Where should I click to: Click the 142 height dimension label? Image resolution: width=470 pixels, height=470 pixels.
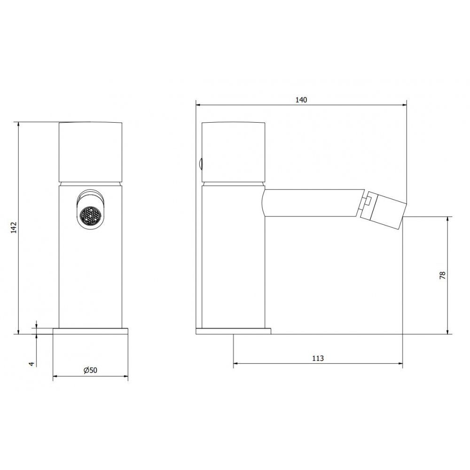tap(14, 227)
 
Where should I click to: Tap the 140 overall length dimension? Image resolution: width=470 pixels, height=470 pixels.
tap(301, 100)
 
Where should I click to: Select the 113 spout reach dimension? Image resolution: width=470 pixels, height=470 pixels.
tap(318, 358)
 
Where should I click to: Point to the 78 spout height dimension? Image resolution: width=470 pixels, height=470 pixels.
tap(442, 275)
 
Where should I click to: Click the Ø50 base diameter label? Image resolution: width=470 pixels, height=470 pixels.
tap(90, 370)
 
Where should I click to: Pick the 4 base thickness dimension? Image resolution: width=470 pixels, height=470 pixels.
tap(31, 364)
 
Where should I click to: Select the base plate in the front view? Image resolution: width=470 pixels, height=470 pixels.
tap(91, 331)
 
